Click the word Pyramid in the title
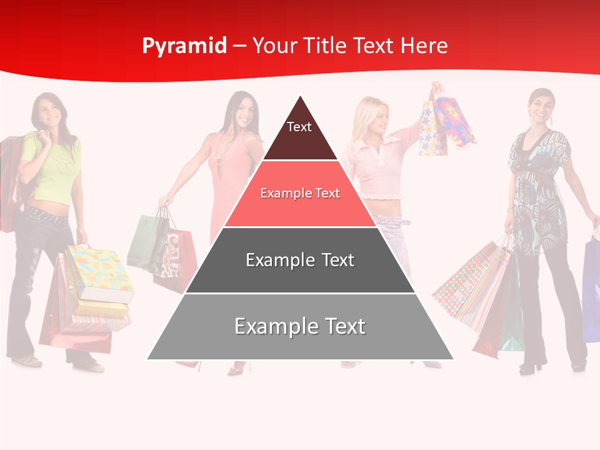pyautogui.click(x=184, y=46)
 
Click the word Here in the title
pyautogui.click(x=424, y=46)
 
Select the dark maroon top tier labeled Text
pyautogui.click(x=300, y=141)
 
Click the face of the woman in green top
pyautogui.click(x=48, y=111)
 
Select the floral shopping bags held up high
pyautogui.click(x=445, y=122)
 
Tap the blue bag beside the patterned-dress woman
pyautogui.click(x=591, y=287)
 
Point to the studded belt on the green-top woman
pyautogui.click(x=45, y=216)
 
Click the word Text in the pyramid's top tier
pyautogui.click(x=299, y=127)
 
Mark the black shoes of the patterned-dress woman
pyautogui.click(x=531, y=367)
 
